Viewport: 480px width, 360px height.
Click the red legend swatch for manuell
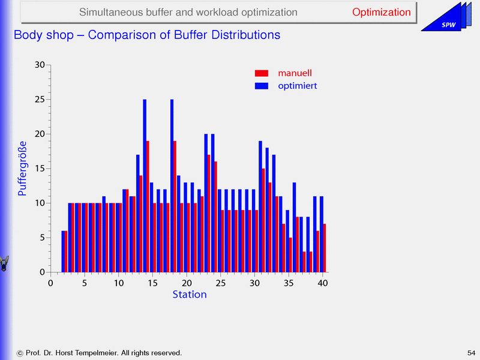[261, 73]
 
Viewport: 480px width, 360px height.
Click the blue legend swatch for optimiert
[261, 86]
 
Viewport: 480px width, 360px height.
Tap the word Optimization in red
[381, 13]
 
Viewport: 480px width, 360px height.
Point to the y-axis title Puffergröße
[22, 169]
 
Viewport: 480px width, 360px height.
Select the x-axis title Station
[190, 295]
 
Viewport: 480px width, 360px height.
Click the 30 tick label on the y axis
[40, 65]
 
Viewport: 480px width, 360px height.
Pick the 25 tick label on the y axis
[40, 100]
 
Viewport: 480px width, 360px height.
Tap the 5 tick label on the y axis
[42, 238]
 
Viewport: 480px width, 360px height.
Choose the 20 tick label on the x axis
[187, 283]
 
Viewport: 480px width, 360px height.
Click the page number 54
[471, 352]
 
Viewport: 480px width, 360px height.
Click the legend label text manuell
[295, 73]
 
